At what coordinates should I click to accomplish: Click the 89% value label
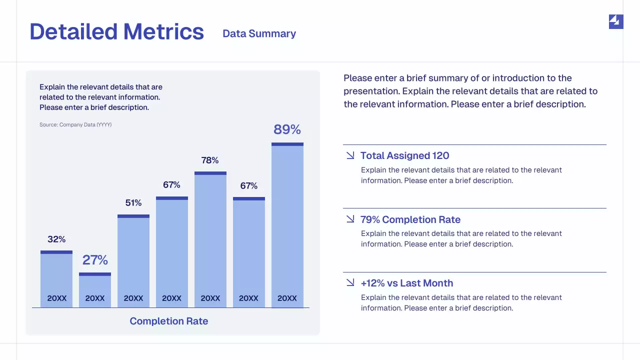click(287, 129)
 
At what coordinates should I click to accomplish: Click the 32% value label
click(56, 239)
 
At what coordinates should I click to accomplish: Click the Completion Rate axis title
click(169, 321)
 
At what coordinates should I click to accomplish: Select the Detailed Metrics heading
click(117, 31)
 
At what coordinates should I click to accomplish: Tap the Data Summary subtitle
click(259, 33)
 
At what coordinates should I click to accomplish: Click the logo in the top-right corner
click(616, 21)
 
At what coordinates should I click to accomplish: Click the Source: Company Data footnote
click(75, 124)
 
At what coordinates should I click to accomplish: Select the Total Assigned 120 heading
click(404, 155)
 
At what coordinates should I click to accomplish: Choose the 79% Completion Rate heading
click(410, 219)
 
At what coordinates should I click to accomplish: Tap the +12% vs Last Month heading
click(406, 283)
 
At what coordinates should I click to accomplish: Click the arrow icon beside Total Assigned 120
click(350, 155)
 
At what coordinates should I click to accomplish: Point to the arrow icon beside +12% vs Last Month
click(350, 283)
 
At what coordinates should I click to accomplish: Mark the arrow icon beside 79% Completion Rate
click(350, 219)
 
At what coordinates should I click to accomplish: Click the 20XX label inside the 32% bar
click(56, 298)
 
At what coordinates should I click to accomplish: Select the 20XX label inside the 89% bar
click(287, 298)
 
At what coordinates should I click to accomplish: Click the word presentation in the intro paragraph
click(371, 91)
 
